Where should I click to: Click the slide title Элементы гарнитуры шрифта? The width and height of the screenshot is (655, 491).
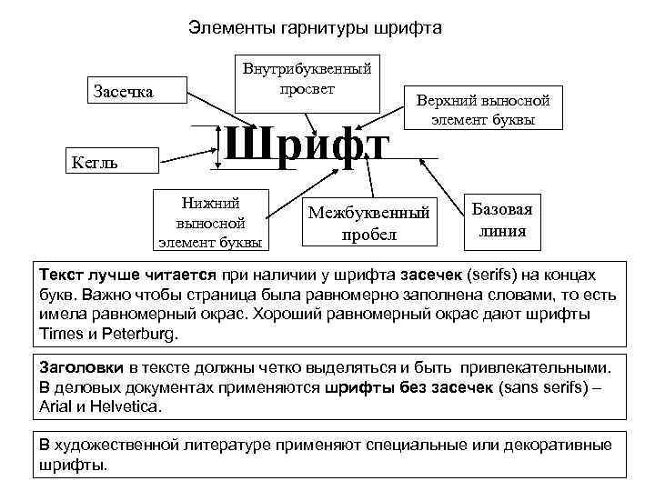click(315, 28)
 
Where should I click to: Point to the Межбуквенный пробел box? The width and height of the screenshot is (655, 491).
click(368, 223)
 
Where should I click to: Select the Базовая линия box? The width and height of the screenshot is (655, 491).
click(501, 219)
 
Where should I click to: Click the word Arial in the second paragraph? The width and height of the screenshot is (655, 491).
click(57, 406)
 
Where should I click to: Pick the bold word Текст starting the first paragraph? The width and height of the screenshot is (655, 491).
click(63, 275)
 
